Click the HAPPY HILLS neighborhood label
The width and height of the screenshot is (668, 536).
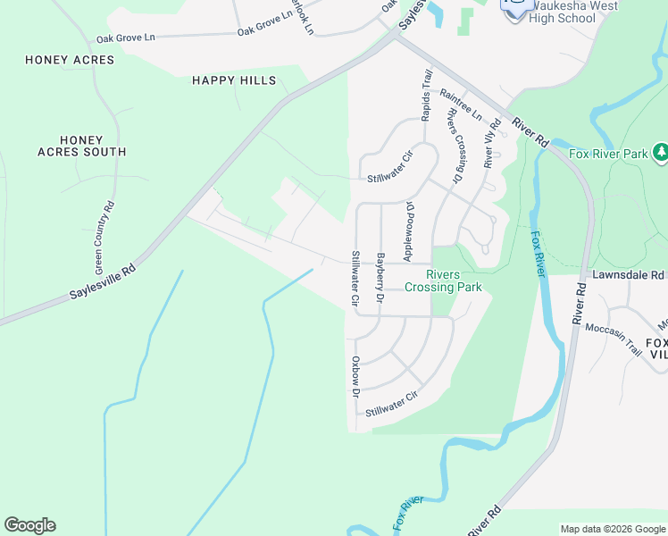pyautogui.click(x=234, y=80)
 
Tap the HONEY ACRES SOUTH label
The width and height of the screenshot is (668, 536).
pyautogui.click(x=81, y=147)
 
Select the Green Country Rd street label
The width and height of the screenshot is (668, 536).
pyautogui.click(x=104, y=237)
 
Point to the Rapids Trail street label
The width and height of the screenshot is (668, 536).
pyautogui.click(x=427, y=96)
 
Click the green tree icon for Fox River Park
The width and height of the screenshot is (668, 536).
pyautogui.click(x=660, y=153)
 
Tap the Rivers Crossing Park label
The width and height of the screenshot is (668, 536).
pyautogui.click(x=443, y=281)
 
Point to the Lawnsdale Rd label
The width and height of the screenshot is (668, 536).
pyautogui.click(x=629, y=275)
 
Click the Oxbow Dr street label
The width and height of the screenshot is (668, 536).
pyautogui.click(x=355, y=376)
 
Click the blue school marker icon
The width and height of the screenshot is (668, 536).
pyautogui.click(x=515, y=9)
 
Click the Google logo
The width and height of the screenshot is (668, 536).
pyautogui.click(x=29, y=525)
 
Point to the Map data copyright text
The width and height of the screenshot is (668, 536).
pyautogui.click(x=612, y=529)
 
